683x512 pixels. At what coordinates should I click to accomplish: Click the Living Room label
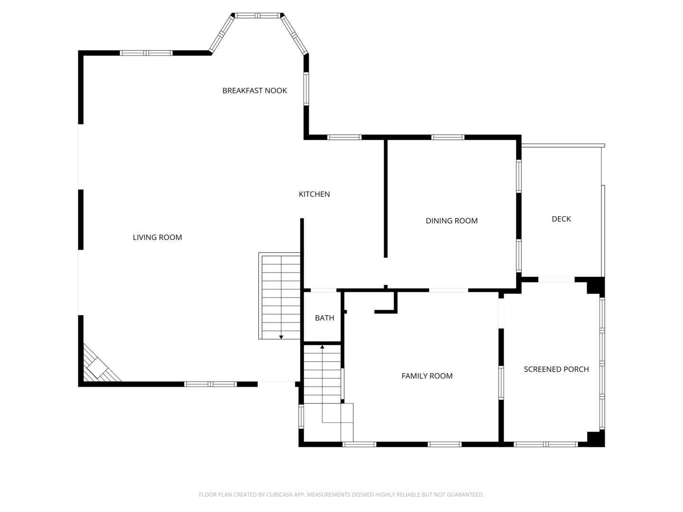tap(157, 237)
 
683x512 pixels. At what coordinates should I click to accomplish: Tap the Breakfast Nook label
tap(254, 91)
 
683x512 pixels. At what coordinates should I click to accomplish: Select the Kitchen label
tap(314, 194)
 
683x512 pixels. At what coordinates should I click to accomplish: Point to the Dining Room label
tap(451, 220)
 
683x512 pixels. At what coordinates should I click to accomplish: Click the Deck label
tap(561, 219)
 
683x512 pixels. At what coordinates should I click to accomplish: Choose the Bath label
tap(324, 318)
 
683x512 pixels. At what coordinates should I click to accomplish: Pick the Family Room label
tap(427, 376)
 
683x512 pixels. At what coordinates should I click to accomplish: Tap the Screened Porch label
tap(556, 369)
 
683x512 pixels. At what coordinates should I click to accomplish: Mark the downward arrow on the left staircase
tap(281, 337)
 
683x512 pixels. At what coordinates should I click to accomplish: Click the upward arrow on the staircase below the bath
tap(322, 347)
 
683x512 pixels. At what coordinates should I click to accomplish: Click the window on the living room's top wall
tap(146, 53)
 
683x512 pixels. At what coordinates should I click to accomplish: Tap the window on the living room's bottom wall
tap(210, 384)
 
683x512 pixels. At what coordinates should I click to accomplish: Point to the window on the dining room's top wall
tap(447, 137)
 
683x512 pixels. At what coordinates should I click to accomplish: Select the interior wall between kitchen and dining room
tap(386, 199)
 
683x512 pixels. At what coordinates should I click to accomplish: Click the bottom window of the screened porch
tap(545, 444)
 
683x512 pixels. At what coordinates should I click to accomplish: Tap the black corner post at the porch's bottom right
tap(596, 439)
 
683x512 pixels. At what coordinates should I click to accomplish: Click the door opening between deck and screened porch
tap(556, 280)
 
